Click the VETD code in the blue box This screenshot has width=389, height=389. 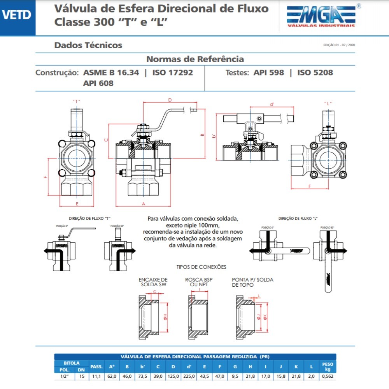[x=16, y=14]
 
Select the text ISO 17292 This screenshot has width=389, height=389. [x=172, y=72]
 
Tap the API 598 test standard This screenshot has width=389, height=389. [x=269, y=72]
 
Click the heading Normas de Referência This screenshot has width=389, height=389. [x=195, y=59]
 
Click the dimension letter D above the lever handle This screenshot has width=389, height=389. [x=170, y=100]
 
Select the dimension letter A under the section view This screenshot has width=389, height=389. [x=144, y=204]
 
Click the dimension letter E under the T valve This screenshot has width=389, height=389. [x=77, y=203]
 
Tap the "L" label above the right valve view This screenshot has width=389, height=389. [x=328, y=103]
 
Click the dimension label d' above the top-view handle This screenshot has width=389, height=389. [x=272, y=104]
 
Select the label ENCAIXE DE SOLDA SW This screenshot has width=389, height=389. [x=153, y=282]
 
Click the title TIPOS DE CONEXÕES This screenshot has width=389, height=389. [x=201, y=267]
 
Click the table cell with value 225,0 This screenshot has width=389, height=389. [x=189, y=376]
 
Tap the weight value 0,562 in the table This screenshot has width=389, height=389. [x=327, y=376]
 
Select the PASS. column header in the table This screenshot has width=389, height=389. [x=96, y=366]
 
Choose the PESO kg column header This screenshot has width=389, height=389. [x=327, y=366]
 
